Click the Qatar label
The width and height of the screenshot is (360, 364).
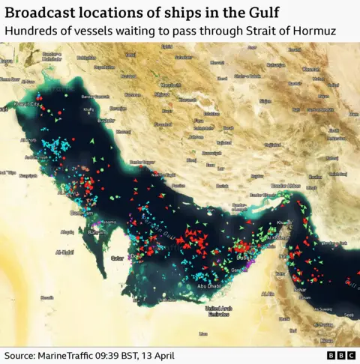[x=118, y=258]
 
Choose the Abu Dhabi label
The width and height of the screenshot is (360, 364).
[x=208, y=285]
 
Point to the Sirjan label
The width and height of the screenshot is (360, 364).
[x=265, y=100]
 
